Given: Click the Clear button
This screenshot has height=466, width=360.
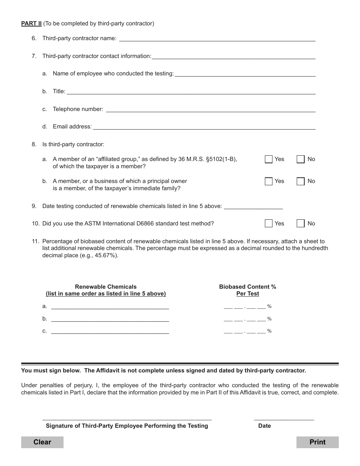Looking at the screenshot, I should click(42, 442).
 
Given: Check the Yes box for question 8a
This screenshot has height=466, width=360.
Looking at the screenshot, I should click(269, 159).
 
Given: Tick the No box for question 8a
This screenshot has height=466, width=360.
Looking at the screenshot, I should click(301, 159).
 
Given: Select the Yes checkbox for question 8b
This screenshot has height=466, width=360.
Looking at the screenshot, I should click(269, 181).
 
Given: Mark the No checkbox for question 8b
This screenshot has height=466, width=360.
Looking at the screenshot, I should click(301, 181).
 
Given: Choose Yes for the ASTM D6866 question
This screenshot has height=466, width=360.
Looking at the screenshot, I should click(269, 224).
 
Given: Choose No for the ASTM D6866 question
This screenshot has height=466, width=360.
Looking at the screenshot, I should click(301, 224).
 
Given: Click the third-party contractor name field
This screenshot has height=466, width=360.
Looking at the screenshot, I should click(217, 38).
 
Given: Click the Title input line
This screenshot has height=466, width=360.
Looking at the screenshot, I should click(191, 91).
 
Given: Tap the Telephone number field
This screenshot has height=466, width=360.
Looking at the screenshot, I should click(211, 109).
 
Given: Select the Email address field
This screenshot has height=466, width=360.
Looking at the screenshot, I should click(204, 127).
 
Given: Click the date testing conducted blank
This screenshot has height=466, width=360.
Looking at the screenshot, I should click(254, 206).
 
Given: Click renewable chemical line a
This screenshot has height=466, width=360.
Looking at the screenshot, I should click(110, 306).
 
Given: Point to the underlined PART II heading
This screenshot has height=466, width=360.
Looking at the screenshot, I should click(31, 23).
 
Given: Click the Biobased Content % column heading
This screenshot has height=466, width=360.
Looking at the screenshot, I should click(247, 287).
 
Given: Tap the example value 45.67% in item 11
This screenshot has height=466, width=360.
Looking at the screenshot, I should click(107, 255).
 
